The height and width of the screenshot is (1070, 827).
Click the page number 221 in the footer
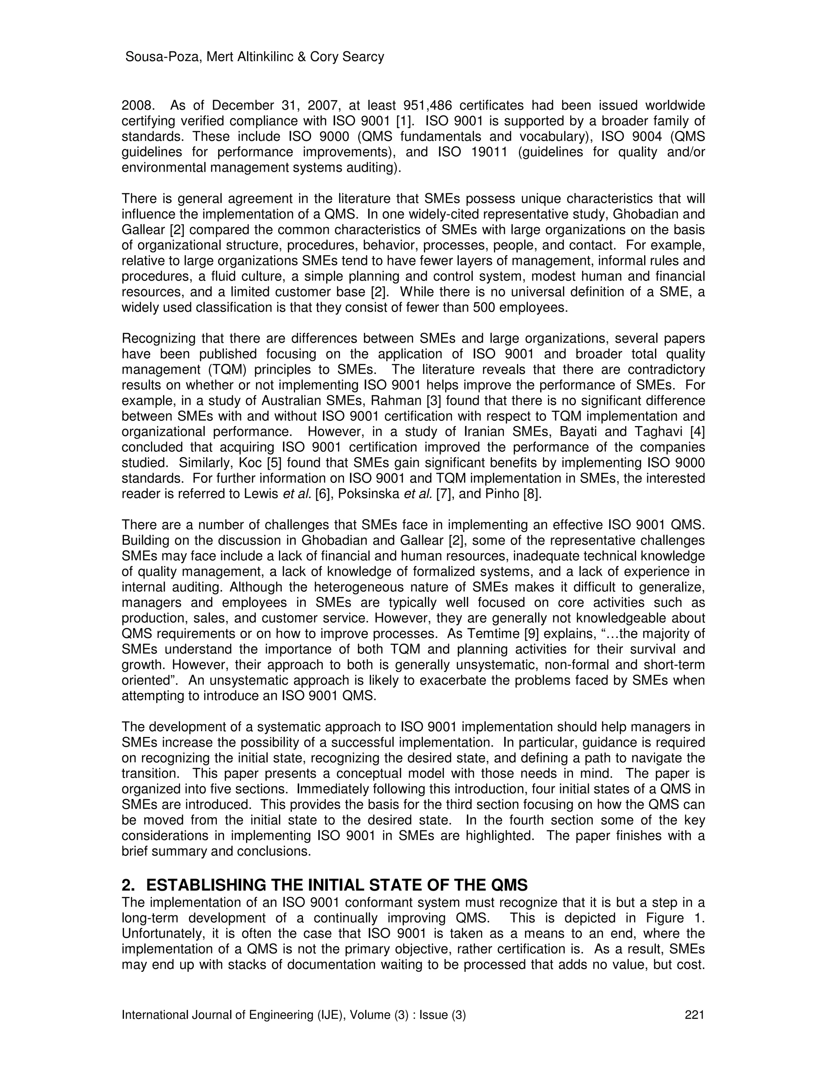click(694, 1015)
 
